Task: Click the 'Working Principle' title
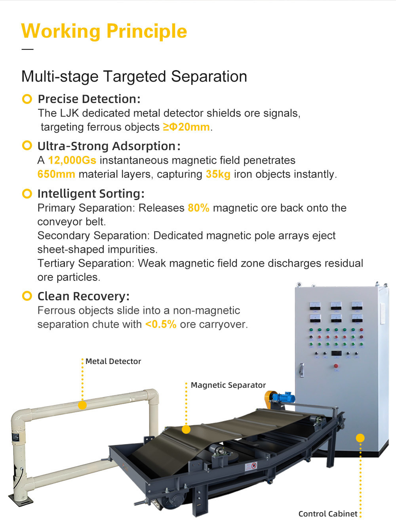(x=104, y=31)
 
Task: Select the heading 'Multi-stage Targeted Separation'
(x=134, y=76)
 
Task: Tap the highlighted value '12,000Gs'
(x=72, y=160)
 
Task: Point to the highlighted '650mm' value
(x=56, y=174)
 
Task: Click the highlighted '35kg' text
(x=218, y=174)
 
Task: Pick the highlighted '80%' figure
(x=199, y=208)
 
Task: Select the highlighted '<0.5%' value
(x=161, y=324)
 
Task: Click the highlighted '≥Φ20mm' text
(x=187, y=127)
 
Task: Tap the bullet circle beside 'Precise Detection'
(x=27, y=99)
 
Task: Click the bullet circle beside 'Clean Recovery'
(x=27, y=296)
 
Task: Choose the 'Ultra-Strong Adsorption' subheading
(x=109, y=146)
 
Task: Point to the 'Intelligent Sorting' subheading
(x=91, y=194)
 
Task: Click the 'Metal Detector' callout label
(x=113, y=361)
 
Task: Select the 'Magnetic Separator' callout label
(x=228, y=385)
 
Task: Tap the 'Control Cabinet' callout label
(x=328, y=514)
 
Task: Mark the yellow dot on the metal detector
(x=82, y=405)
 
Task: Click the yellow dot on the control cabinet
(x=360, y=438)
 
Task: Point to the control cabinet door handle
(x=301, y=370)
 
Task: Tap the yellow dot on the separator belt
(x=186, y=429)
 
